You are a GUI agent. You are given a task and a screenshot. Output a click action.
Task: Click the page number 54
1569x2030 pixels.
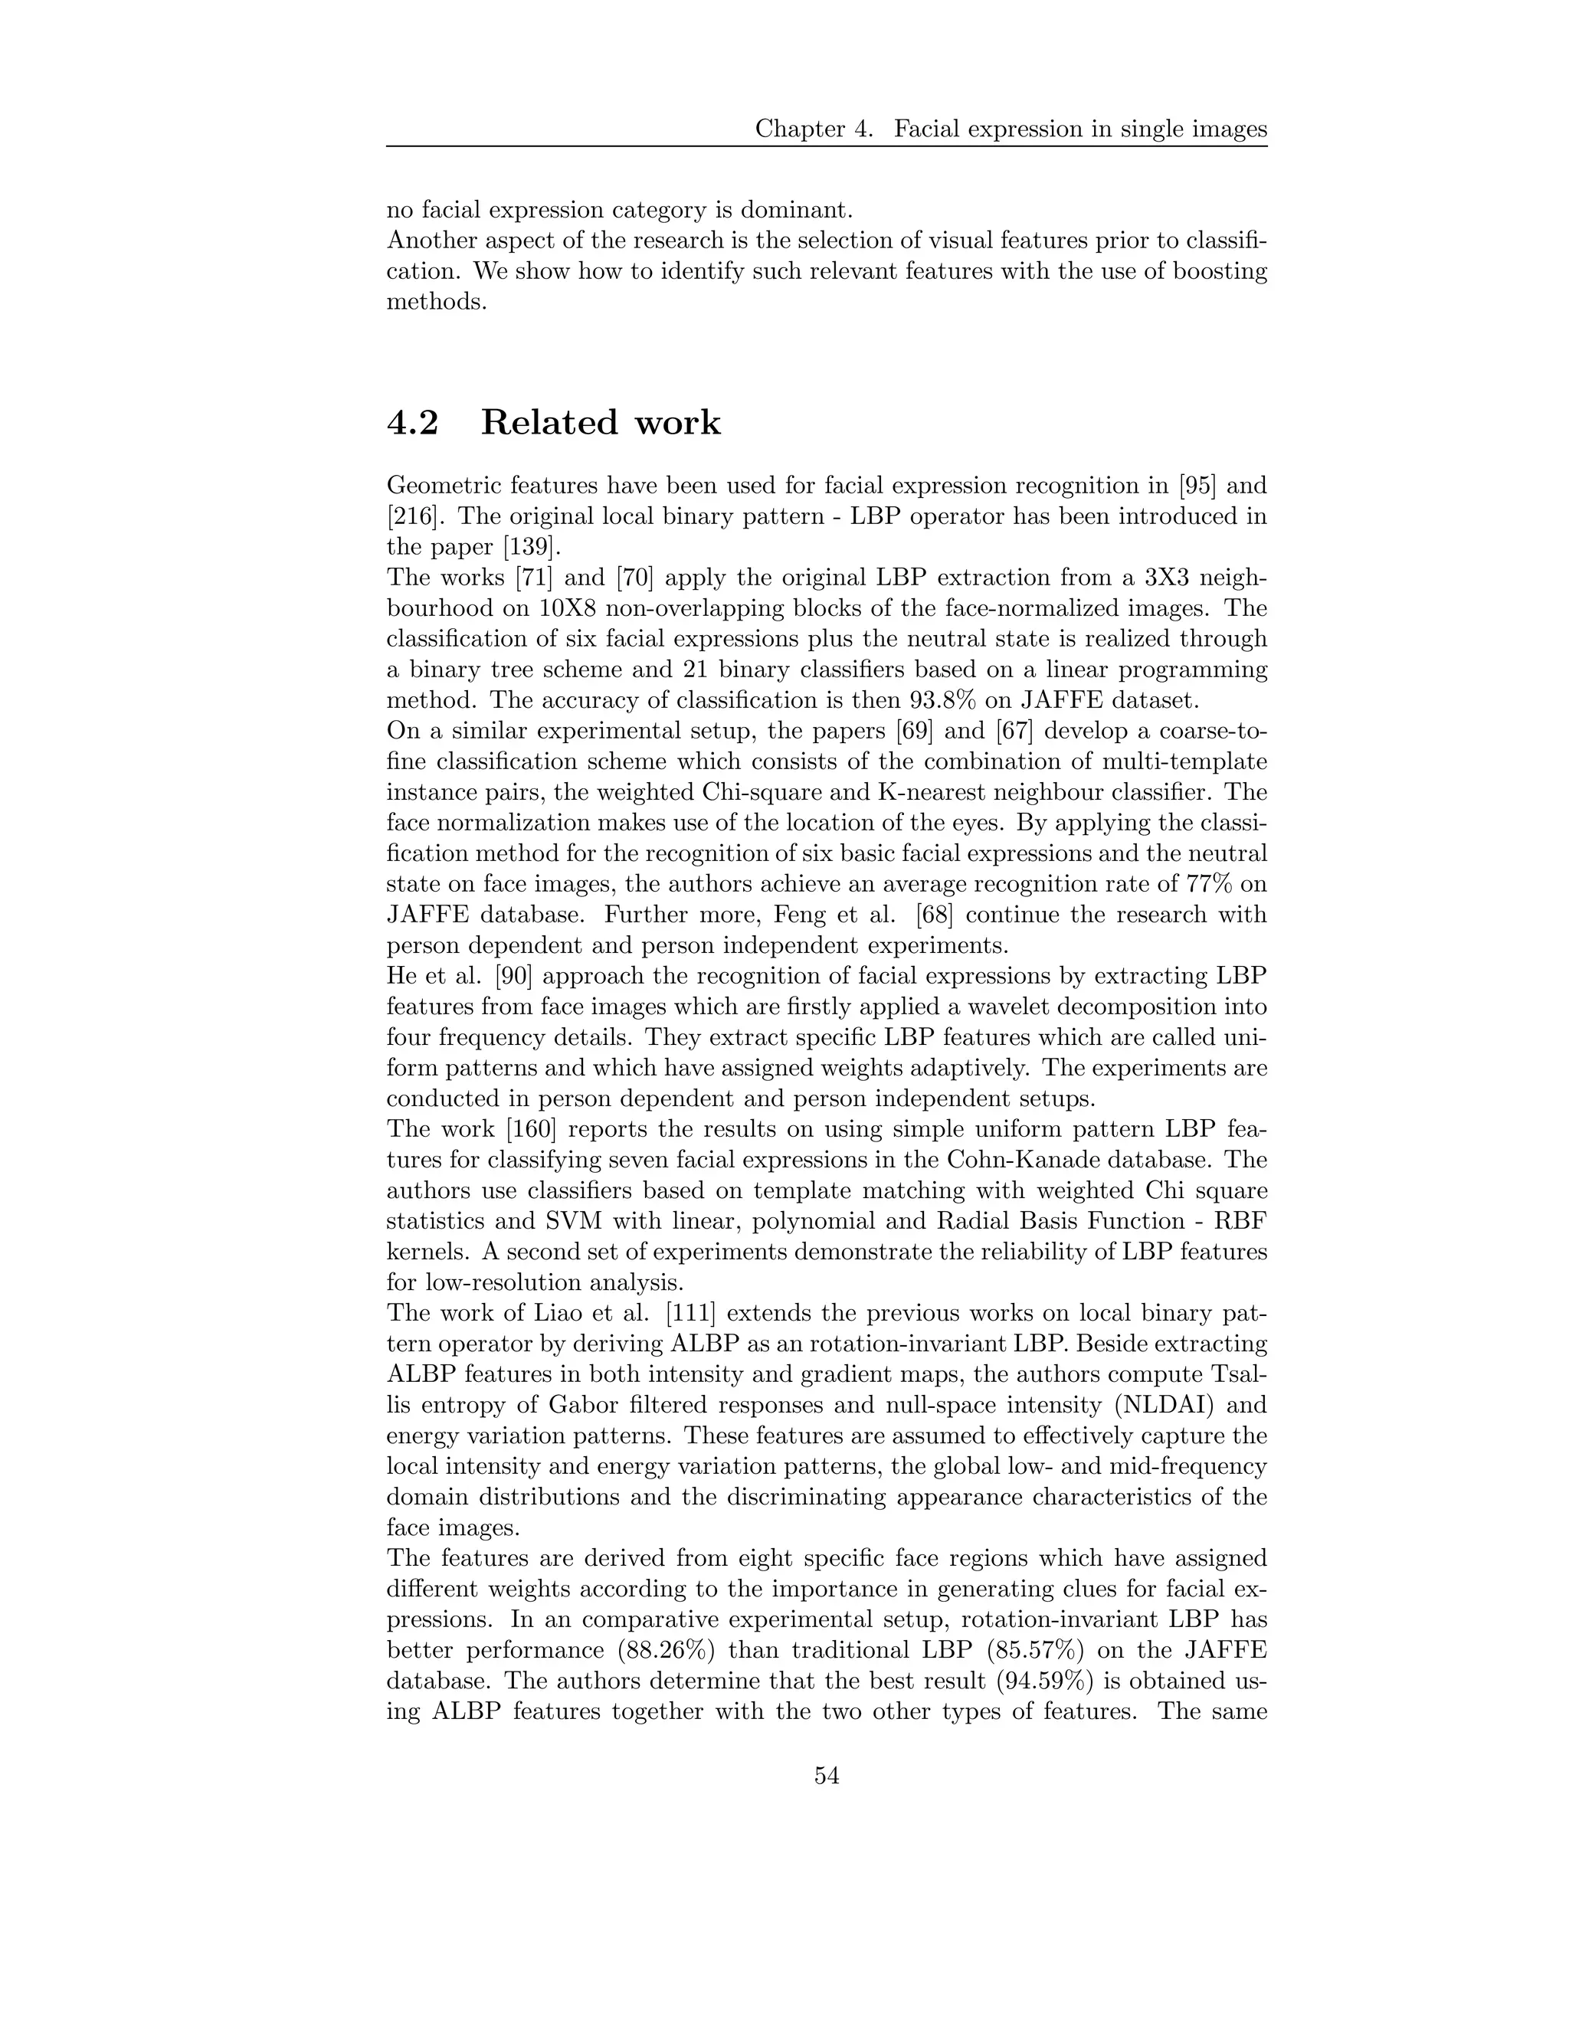point(827,1776)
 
